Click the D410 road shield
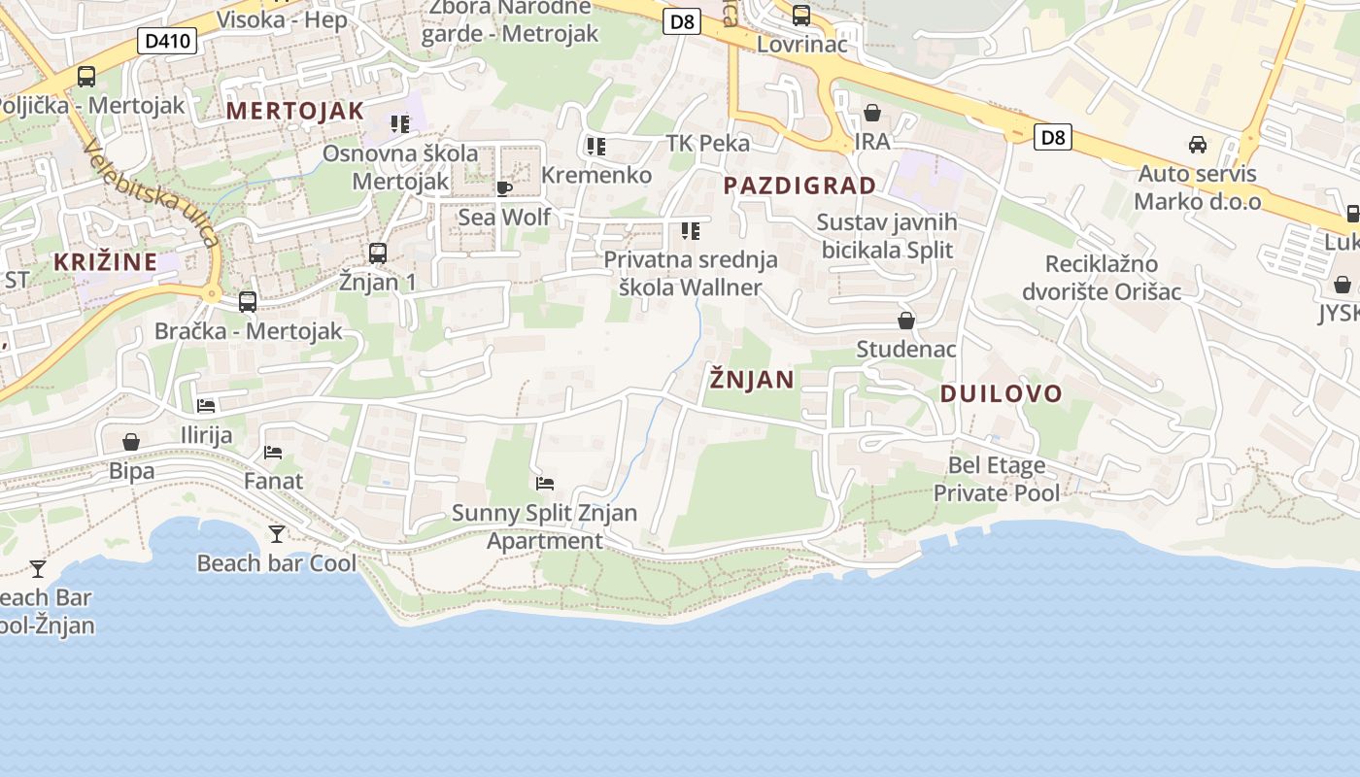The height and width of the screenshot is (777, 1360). pos(168,41)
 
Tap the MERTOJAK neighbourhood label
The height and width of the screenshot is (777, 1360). pos(295,111)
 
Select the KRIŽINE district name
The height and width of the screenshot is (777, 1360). pos(105,261)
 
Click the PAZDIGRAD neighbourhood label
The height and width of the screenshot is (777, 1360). pos(799,186)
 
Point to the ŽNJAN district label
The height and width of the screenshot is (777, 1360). pos(752,379)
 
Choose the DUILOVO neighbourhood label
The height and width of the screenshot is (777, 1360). pos(1001,393)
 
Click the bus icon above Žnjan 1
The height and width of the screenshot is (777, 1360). pos(378,253)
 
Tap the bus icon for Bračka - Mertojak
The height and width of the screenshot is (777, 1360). pos(248,302)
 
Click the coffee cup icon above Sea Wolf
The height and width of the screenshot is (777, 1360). pos(503,187)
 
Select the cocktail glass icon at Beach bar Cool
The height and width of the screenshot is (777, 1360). pos(277,533)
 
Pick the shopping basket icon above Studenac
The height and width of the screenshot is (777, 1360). pos(906,321)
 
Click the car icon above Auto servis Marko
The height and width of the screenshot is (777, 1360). pos(1198,145)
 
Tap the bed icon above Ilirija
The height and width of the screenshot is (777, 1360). pos(206,405)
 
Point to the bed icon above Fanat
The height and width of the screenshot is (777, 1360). pos(273,452)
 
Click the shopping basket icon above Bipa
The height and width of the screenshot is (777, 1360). pos(131,443)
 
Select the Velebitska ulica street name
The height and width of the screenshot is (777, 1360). pos(151,194)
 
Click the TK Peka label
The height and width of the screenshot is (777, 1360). pos(708,144)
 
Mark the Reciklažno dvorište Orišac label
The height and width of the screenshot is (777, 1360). pos(1102,278)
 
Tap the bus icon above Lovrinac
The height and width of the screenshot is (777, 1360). pos(801,15)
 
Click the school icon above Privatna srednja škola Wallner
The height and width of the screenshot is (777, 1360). pos(691,231)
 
